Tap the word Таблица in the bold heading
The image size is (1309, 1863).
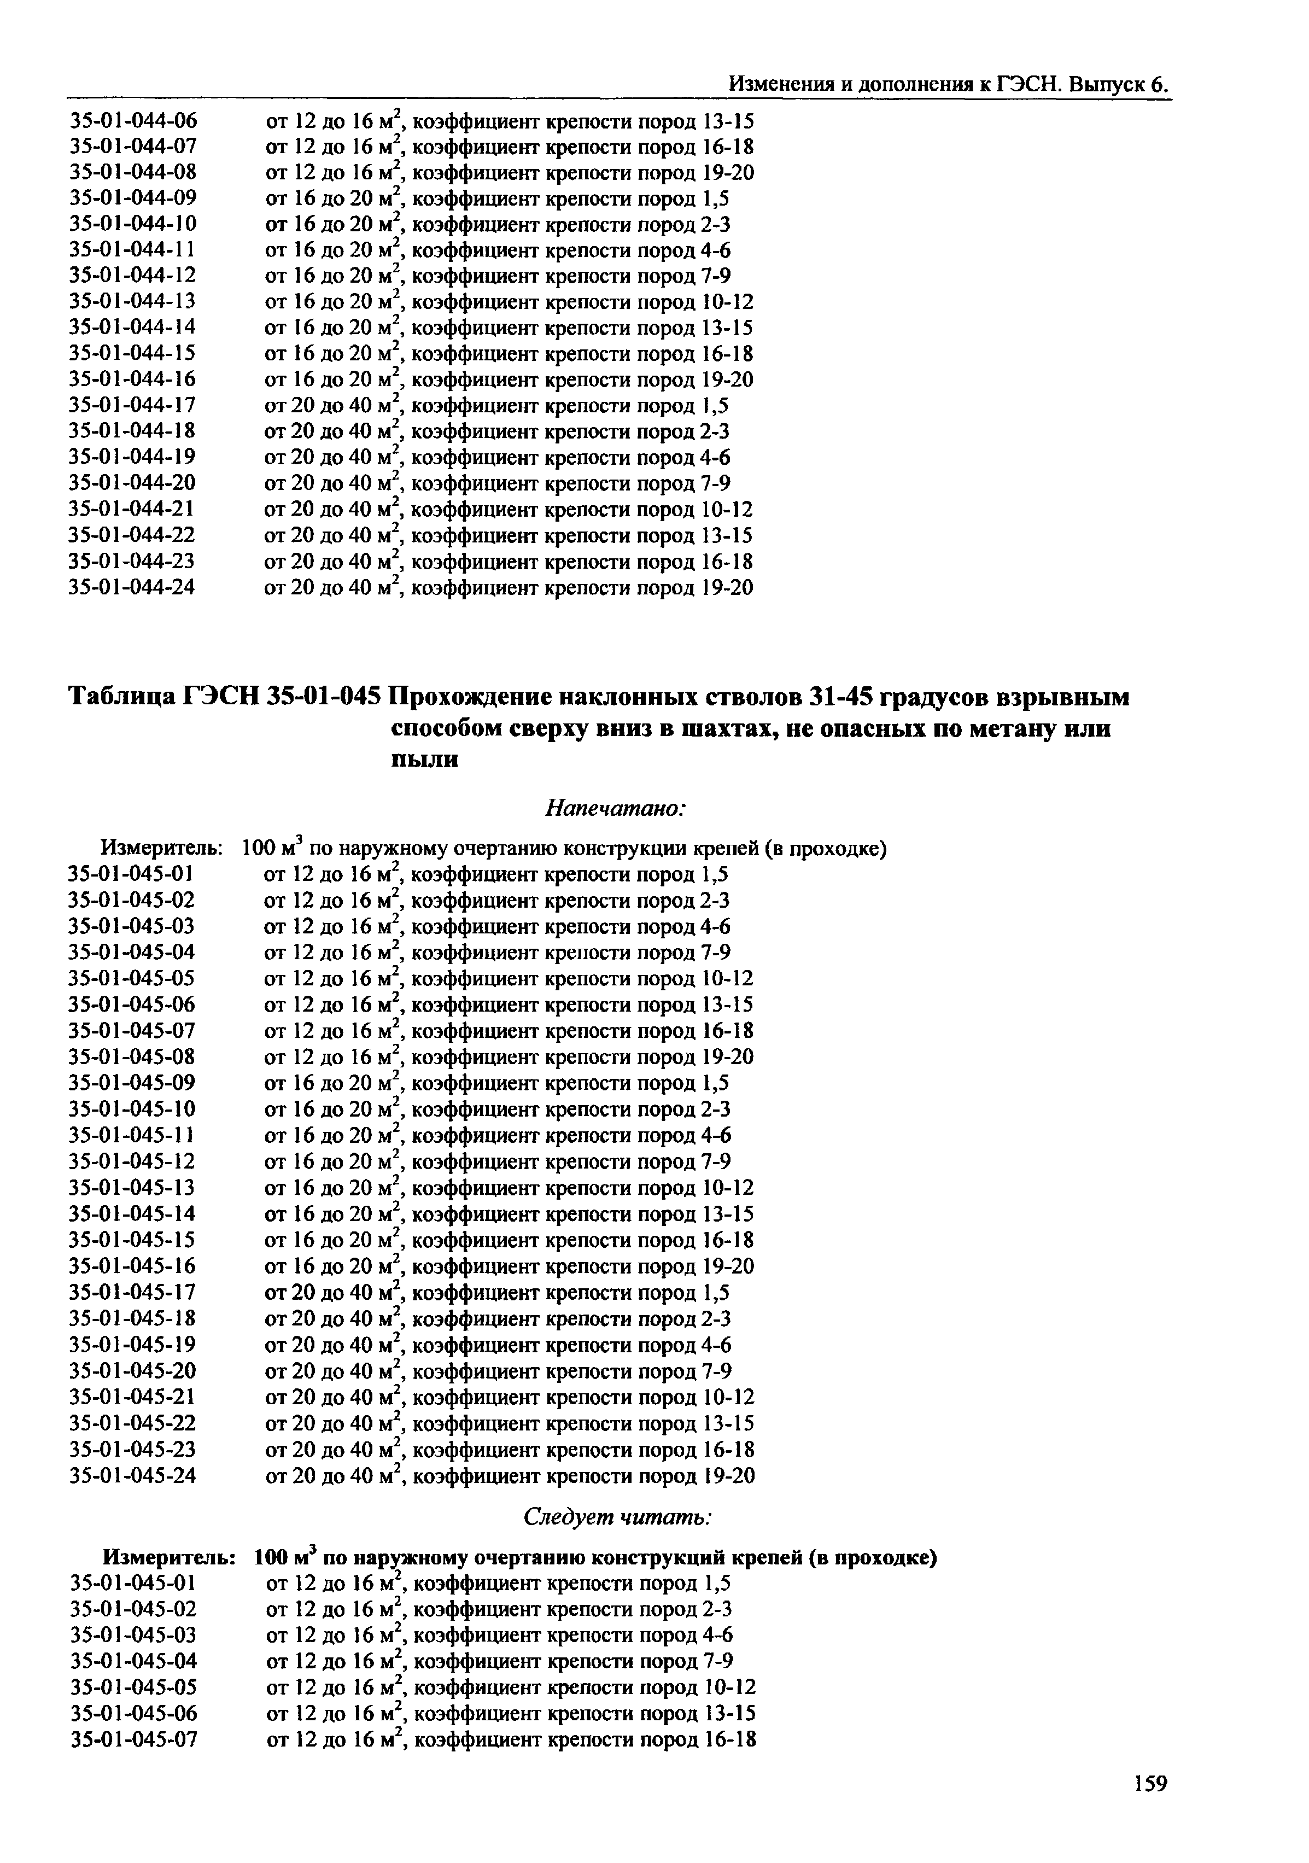pos(122,697)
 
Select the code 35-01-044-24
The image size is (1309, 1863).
pos(133,587)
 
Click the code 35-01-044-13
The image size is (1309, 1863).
pos(133,302)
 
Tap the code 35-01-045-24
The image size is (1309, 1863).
pos(133,1475)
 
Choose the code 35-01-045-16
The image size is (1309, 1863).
pos(133,1266)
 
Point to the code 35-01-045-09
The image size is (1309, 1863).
pos(133,1083)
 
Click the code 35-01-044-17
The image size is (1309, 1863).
pos(133,406)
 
